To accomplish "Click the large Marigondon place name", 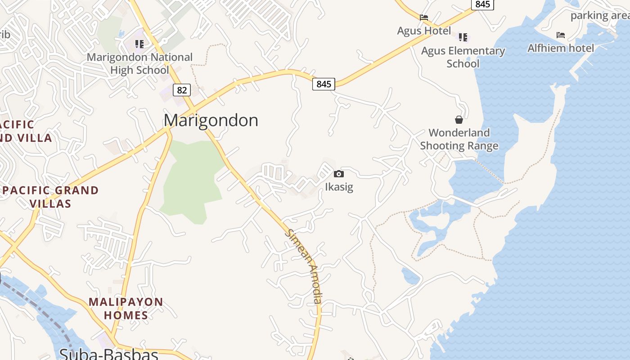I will (x=211, y=120).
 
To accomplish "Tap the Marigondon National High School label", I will (x=139, y=63).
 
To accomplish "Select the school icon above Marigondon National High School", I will (x=139, y=44).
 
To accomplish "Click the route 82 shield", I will (x=181, y=90).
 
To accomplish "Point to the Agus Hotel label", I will (x=424, y=31).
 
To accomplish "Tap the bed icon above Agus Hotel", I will (x=424, y=18).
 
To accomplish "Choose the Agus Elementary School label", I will (x=463, y=57).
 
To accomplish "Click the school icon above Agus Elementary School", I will (x=463, y=37).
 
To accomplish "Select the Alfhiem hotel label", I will (x=561, y=48).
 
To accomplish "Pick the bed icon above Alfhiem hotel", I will (x=561, y=35).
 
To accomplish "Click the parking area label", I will (x=599, y=16).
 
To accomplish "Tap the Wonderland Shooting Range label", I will (x=459, y=139).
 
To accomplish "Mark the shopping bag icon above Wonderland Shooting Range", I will (x=459, y=120).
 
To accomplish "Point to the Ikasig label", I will (x=339, y=187).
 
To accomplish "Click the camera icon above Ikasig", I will (x=339, y=174).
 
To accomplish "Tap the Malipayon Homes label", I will (x=126, y=308).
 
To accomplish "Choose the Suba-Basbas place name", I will (x=108, y=354).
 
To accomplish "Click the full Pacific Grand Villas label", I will (x=50, y=197).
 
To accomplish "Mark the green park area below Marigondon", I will (x=191, y=180).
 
